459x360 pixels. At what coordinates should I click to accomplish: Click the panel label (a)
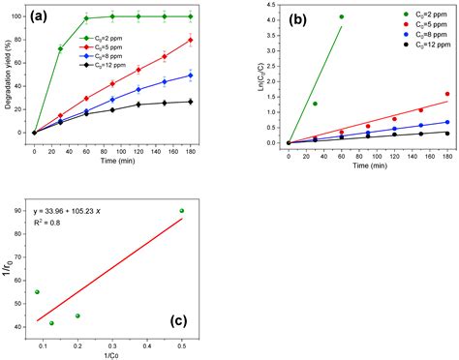point(47,17)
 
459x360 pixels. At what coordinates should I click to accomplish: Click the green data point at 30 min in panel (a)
point(61,48)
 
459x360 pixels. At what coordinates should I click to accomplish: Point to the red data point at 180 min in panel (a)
point(190,41)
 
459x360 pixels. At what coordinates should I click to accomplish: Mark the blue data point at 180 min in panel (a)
point(190,75)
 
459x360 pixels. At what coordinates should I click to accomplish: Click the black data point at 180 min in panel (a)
point(190,101)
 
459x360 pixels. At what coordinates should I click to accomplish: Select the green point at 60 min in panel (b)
point(341,16)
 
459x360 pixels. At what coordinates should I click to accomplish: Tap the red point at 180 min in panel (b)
point(447,94)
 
